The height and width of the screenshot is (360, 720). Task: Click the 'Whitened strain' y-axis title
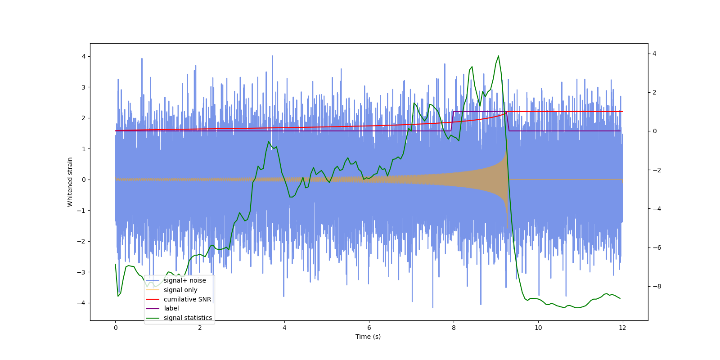pos(70,182)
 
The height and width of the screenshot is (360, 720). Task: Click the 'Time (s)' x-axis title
pos(368,337)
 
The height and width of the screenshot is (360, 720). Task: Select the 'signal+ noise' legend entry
pos(184,280)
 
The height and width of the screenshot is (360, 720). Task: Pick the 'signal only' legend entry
pos(180,290)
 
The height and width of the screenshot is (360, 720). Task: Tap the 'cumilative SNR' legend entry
pos(187,299)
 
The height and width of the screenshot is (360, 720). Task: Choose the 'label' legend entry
pos(171,308)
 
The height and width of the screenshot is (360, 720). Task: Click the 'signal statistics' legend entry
pos(188,318)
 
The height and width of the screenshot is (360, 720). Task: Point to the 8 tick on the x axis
pos(454,328)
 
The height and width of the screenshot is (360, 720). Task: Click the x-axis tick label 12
pos(622,328)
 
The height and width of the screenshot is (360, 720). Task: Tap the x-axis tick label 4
pos(284,328)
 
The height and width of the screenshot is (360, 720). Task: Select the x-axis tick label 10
pos(538,328)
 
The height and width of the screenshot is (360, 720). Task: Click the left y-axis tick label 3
pos(83,87)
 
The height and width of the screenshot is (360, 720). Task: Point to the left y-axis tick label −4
pos(81,303)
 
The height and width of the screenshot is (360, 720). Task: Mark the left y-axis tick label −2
pos(81,241)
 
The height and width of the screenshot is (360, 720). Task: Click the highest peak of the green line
pos(498,56)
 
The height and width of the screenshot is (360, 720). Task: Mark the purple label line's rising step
pos(452,121)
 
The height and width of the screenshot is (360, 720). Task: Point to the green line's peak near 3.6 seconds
pos(269,142)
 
